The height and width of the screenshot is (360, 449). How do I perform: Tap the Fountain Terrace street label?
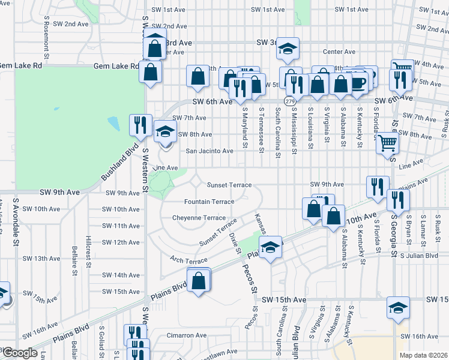(209, 202)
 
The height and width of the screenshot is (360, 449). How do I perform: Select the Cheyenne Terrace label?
(199, 218)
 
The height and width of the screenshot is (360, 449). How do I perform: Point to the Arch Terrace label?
(188, 260)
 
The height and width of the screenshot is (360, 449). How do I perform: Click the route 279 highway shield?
(291, 101)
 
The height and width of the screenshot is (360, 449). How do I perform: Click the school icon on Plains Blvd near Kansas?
(270, 247)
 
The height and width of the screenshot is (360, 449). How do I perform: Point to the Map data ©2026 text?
(424, 355)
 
